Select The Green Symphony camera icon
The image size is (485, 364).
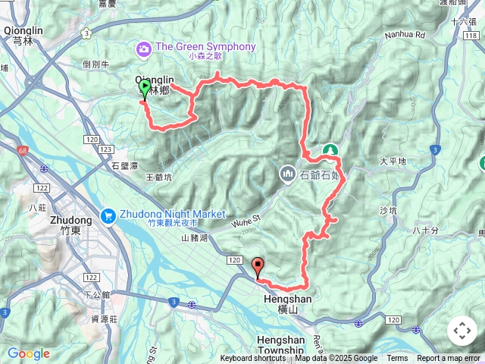click(x=143, y=48)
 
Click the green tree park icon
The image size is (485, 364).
click(x=330, y=150)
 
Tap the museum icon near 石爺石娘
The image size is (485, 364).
click(x=287, y=174)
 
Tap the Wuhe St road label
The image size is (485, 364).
click(x=246, y=221)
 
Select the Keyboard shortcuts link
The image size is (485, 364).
click(x=253, y=359)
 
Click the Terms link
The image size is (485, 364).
click(x=397, y=359)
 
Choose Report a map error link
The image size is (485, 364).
click(x=449, y=359)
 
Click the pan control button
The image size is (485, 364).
click(x=462, y=331)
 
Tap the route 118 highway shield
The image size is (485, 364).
click(x=473, y=36)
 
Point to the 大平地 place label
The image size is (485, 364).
click(x=393, y=162)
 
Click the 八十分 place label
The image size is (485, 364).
click(x=427, y=231)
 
